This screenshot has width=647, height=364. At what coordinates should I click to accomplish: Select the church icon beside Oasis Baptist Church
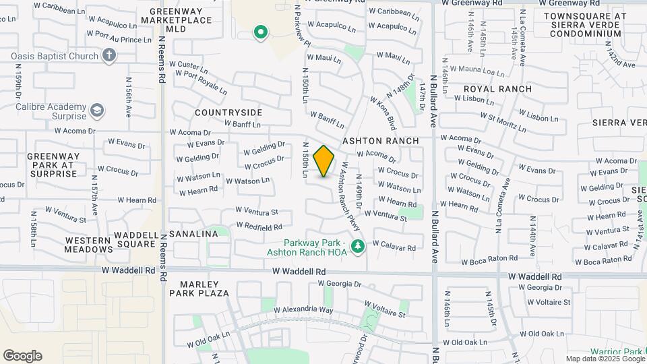(110, 56)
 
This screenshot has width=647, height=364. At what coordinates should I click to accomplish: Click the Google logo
(22, 356)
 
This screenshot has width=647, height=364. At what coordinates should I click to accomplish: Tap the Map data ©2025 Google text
(605, 359)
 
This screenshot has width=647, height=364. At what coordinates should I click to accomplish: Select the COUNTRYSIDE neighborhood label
(228, 112)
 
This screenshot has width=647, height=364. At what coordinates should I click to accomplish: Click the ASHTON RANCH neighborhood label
(381, 141)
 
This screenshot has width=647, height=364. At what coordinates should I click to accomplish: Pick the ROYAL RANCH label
(497, 89)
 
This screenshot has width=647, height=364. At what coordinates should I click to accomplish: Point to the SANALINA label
(193, 234)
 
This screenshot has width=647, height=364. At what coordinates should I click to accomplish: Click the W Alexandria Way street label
(303, 310)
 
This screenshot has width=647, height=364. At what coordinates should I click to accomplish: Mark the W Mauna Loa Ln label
(476, 69)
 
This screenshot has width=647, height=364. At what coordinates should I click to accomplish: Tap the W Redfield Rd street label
(259, 227)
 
